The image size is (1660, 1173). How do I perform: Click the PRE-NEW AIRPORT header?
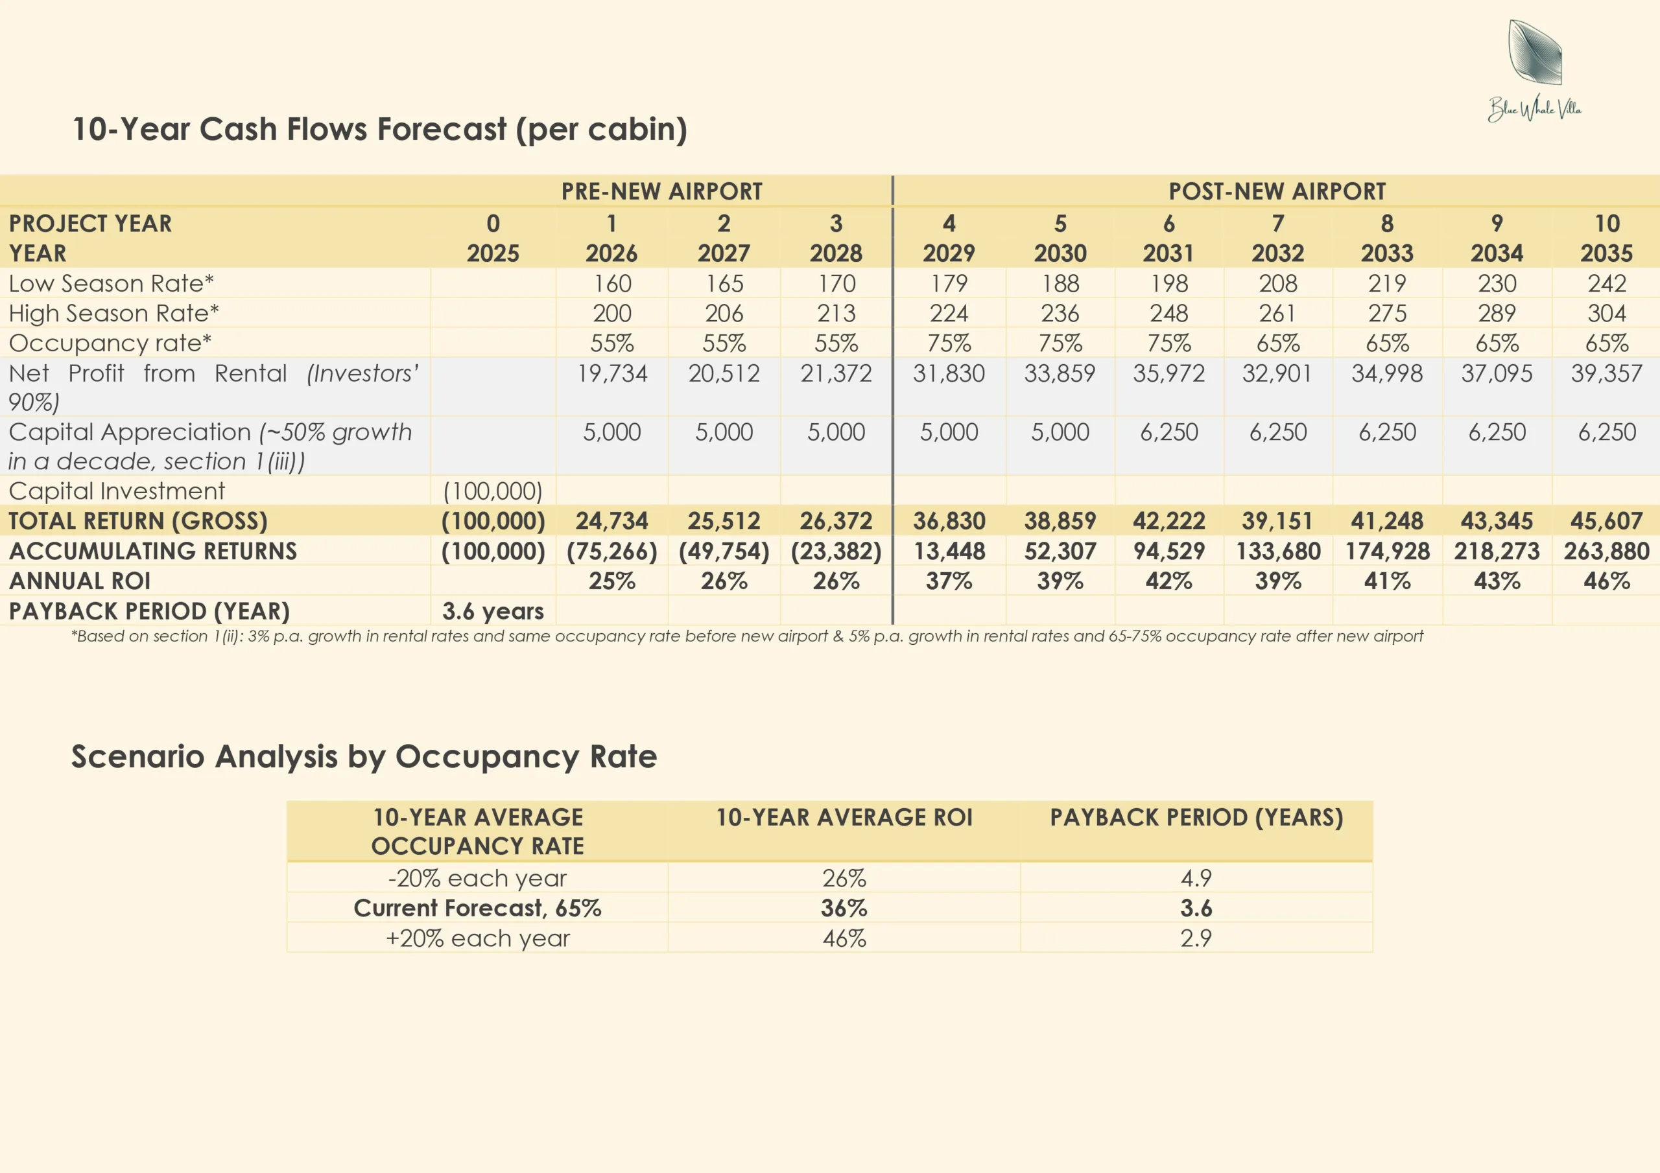661,192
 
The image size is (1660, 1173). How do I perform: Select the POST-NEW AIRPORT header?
1277,192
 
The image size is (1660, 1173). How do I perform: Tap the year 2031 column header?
1168,253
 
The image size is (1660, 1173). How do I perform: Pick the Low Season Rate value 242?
1606,283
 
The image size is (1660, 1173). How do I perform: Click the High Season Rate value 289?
1497,313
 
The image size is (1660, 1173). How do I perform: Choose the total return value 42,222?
1168,521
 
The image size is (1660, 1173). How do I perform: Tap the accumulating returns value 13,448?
949,552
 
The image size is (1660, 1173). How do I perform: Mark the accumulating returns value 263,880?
1606,552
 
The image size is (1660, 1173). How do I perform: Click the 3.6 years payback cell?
493,611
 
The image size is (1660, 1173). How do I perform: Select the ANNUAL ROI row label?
80,581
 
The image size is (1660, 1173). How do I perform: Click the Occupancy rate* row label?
110,343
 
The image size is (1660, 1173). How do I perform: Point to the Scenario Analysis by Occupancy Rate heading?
364,757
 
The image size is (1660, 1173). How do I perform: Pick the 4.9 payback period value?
1196,878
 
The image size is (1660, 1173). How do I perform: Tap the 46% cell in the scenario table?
844,938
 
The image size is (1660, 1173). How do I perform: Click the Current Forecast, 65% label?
477,909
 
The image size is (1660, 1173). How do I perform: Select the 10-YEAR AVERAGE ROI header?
844,817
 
